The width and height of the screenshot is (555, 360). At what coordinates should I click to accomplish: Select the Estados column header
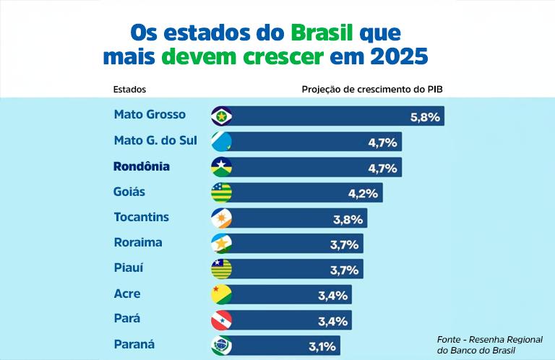(129, 90)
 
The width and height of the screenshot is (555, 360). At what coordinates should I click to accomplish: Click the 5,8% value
(425, 116)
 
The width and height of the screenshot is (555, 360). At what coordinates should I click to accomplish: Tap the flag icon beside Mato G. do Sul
(220, 142)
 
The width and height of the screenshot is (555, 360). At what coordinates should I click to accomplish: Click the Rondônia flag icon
(220, 167)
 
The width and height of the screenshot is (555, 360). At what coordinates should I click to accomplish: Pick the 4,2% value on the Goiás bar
(363, 193)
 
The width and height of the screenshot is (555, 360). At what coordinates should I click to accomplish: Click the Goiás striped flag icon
(220, 192)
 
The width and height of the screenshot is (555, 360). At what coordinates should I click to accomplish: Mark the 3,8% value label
(348, 218)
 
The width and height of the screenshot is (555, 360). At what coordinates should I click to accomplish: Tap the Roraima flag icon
(220, 244)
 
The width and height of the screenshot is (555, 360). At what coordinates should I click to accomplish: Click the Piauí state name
(129, 268)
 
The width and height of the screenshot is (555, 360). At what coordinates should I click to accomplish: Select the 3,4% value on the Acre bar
(333, 295)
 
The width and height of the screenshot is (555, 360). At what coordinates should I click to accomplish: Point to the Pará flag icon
(220, 320)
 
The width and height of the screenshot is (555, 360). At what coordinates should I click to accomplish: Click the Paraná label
(134, 344)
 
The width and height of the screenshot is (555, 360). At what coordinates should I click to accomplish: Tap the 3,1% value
(322, 346)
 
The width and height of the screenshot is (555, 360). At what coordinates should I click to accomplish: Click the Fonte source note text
(491, 344)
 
